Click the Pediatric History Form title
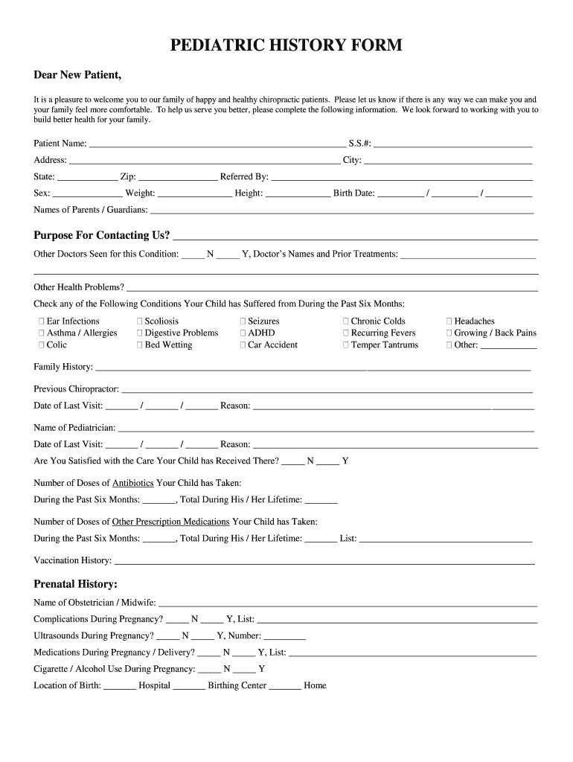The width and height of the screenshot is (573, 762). point(286,46)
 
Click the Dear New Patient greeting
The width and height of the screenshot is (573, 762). point(77,75)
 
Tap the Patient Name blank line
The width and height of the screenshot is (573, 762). point(217,144)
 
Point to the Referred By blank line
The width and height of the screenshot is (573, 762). point(402,177)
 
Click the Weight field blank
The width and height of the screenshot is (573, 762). point(194,193)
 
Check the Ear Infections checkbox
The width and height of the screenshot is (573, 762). point(42,321)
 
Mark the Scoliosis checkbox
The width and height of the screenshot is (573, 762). point(140,321)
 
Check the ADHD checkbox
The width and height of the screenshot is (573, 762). point(243,333)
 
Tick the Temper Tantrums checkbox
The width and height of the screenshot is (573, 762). point(346,345)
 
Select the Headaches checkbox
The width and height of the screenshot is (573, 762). point(449,321)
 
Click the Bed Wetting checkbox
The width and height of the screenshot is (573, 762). point(140,345)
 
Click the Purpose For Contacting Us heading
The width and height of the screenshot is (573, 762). point(102,235)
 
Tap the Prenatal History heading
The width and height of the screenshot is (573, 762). point(75,583)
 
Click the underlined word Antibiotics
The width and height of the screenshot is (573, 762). point(133,483)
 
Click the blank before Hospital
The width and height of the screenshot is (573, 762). point(119,686)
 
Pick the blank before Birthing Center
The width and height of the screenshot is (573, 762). point(189,686)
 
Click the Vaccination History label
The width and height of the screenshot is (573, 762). point(72,560)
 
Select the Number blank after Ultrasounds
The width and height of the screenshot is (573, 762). point(284,636)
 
